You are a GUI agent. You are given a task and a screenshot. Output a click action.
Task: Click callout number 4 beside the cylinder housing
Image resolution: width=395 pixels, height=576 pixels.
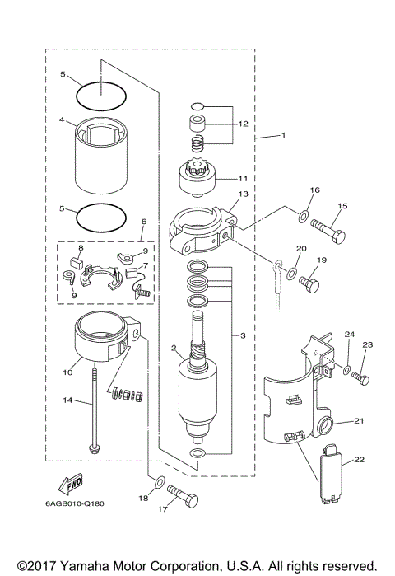62,119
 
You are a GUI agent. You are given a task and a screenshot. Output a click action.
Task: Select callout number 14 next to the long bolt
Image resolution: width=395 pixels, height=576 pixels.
71,401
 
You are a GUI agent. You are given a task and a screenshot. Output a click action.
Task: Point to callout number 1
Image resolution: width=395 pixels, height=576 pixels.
282,134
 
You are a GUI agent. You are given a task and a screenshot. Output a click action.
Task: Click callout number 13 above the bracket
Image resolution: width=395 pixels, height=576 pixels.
242,194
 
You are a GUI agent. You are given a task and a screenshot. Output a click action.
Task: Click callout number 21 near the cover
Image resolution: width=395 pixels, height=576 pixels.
358,421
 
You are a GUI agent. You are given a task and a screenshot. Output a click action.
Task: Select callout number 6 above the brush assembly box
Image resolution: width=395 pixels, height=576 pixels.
143,221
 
